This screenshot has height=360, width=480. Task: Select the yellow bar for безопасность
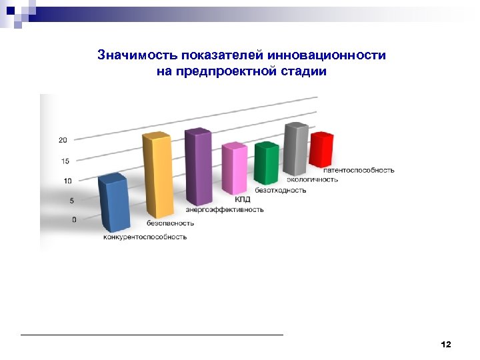pyautogui.click(x=157, y=177)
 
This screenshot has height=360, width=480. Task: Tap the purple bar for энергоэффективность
pyautogui.click(x=199, y=168)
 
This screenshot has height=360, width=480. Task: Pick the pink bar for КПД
pyautogui.click(x=235, y=170)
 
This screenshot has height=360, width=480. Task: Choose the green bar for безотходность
pyautogui.click(x=267, y=165)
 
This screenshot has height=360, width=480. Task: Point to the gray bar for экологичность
pyautogui.click(x=295, y=151)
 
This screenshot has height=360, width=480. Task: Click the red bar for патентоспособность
pyautogui.click(x=321, y=151)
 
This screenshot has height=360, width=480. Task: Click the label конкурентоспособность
pyautogui.click(x=145, y=237)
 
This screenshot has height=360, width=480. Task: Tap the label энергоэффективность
pyautogui.click(x=225, y=209)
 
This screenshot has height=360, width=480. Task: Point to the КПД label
pyautogui.click(x=242, y=199)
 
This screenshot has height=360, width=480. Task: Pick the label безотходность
pyautogui.click(x=281, y=190)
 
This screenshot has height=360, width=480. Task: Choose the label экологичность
pyautogui.click(x=313, y=179)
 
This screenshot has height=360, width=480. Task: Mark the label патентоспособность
pyautogui.click(x=359, y=170)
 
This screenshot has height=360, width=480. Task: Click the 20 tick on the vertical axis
pyautogui.click(x=63, y=140)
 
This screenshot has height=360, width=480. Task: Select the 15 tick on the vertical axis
pyautogui.click(x=65, y=161)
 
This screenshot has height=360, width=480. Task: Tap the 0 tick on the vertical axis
pyautogui.click(x=74, y=219)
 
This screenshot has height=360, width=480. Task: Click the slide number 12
pyautogui.click(x=446, y=344)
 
